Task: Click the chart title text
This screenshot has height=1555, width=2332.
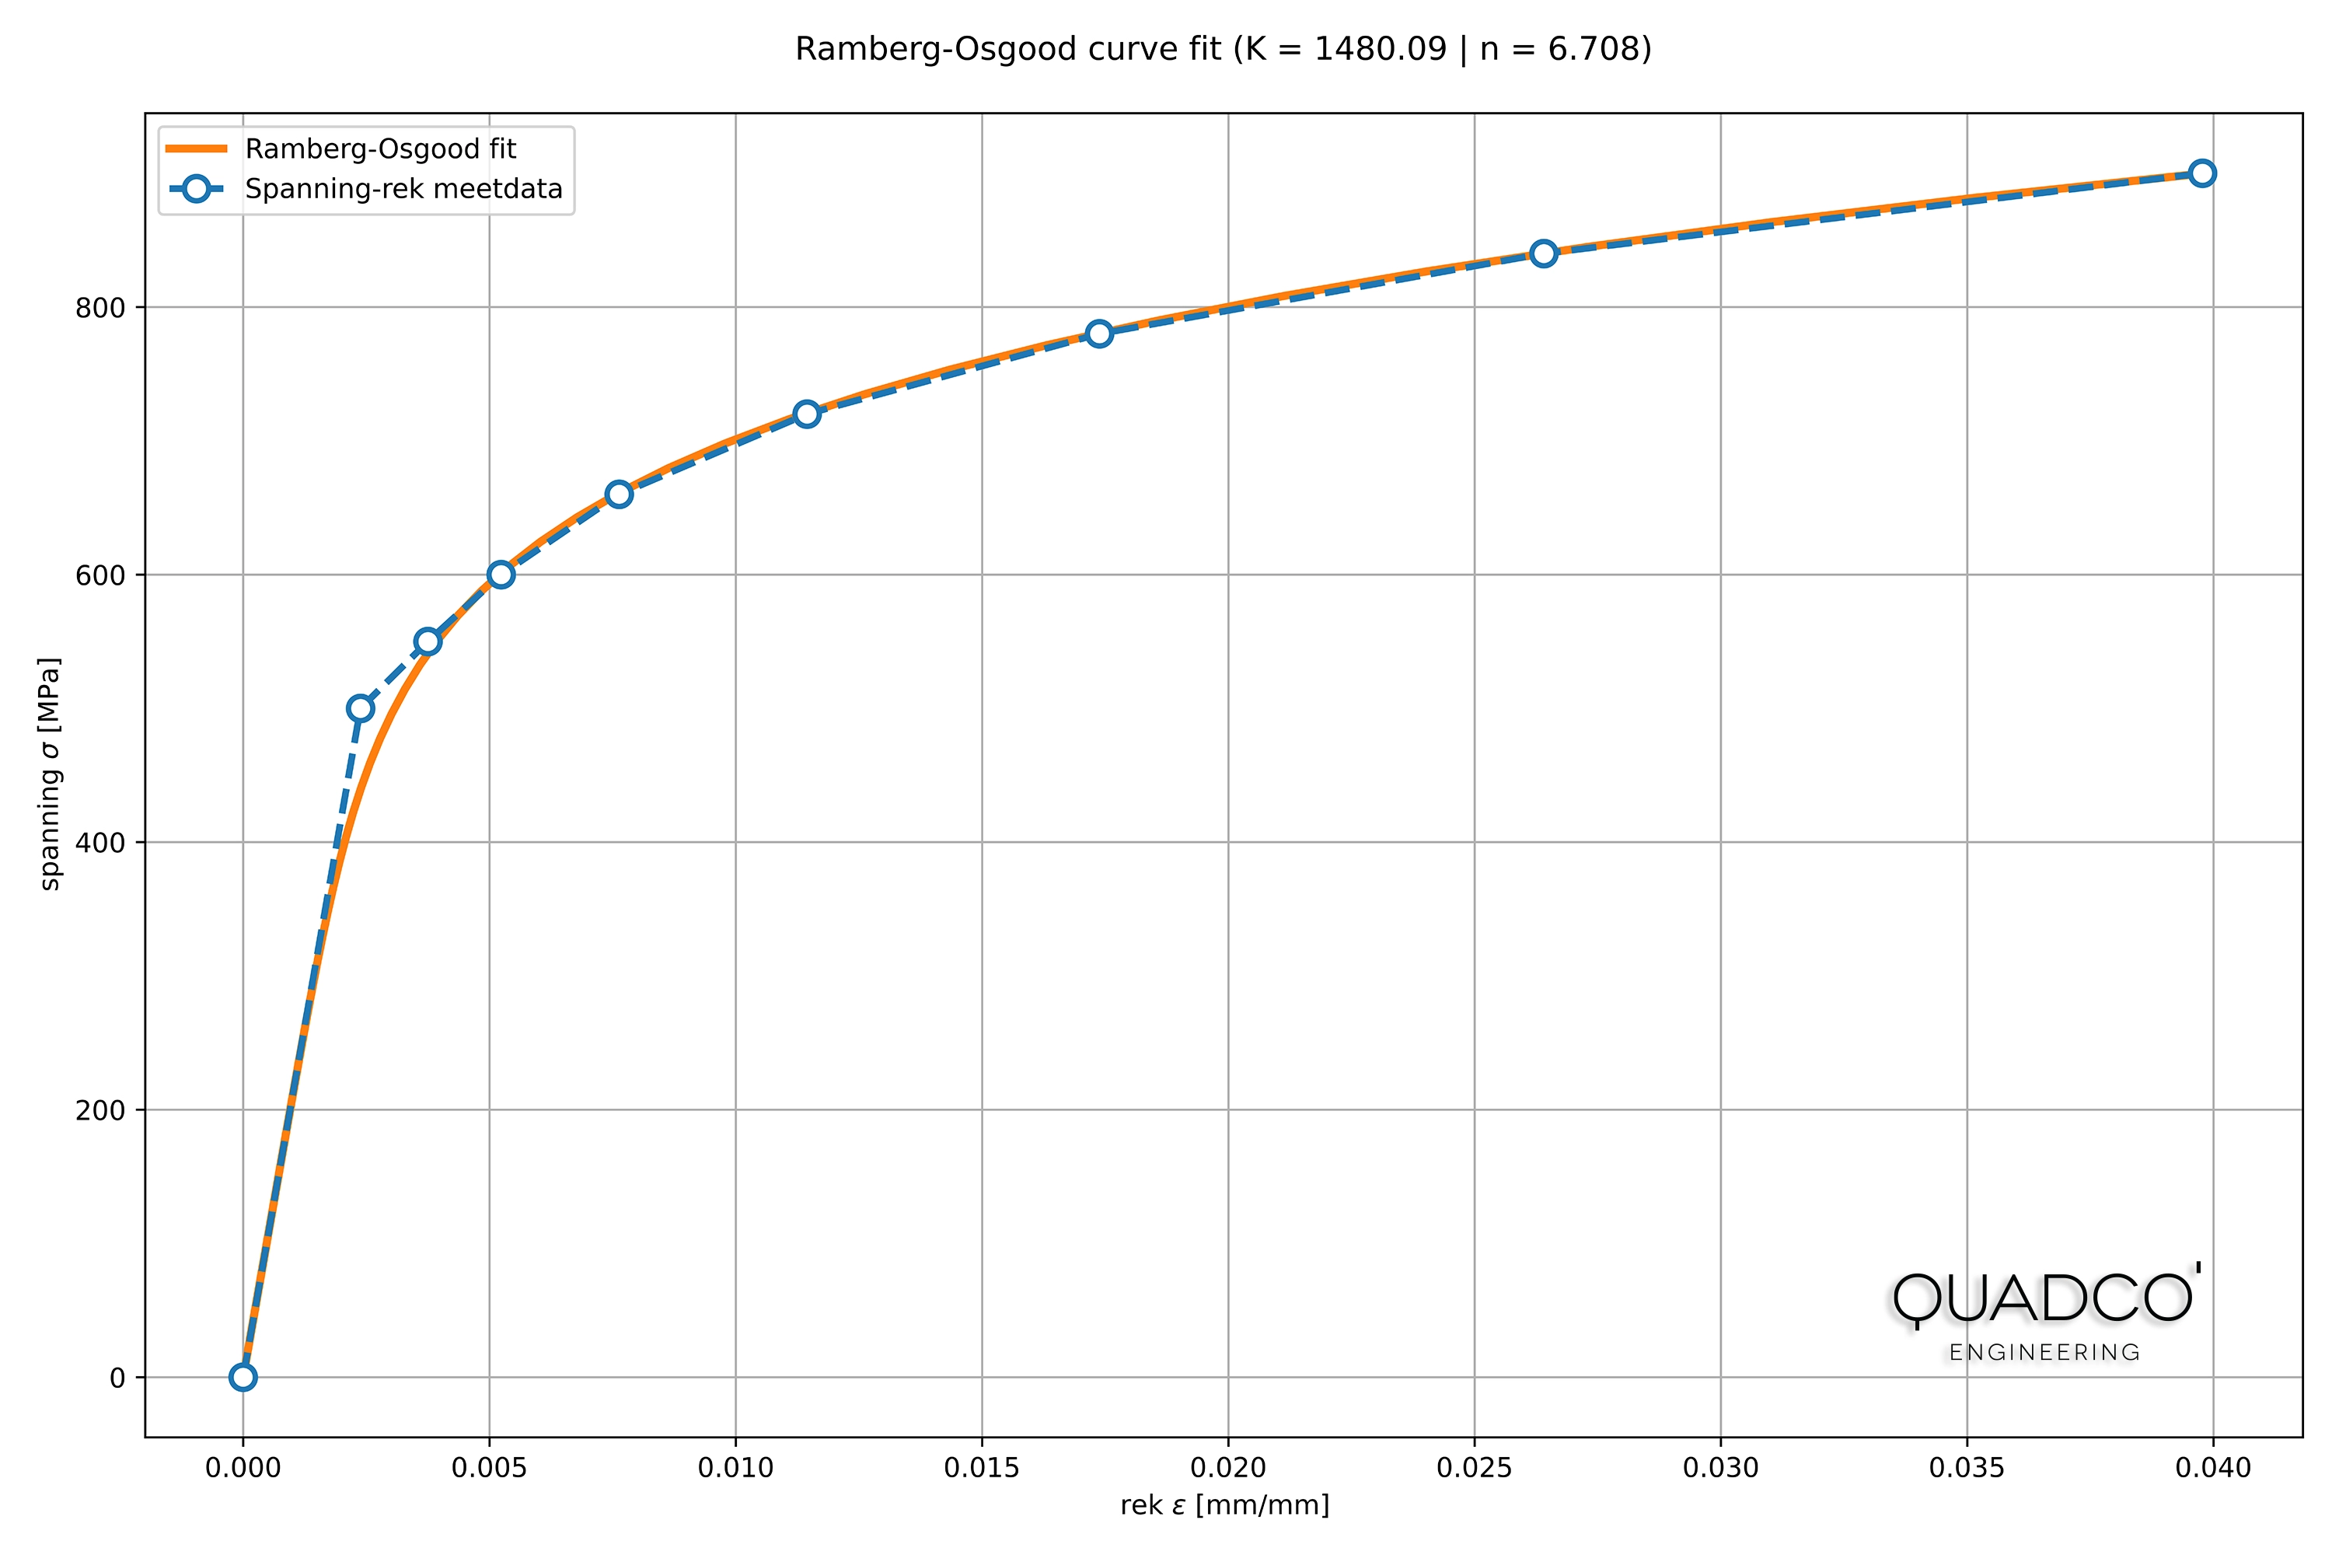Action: point(1223,48)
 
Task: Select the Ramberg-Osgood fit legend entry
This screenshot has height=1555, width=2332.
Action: point(380,149)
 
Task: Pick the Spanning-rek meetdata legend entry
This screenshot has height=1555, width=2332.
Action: point(403,188)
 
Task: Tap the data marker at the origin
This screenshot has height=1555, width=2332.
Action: point(243,1376)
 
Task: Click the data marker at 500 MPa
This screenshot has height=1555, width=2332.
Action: point(361,708)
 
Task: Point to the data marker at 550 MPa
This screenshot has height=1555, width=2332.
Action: point(428,641)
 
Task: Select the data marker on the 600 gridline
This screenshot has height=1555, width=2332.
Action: point(501,575)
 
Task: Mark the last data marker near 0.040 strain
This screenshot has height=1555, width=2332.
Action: point(2202,173)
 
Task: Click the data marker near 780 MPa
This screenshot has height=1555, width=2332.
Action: point(1098,334)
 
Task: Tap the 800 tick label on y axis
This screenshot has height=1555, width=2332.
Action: point(99,307)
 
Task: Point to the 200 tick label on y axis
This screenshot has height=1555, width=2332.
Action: point(99,1109)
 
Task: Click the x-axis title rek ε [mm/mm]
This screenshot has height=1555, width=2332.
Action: point(1224,1505)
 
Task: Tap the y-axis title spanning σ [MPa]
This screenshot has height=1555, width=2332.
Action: point(50,774)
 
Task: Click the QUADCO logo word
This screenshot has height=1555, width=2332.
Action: point(2044,1298)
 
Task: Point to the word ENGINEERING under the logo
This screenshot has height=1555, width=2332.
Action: point(2044,1353)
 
